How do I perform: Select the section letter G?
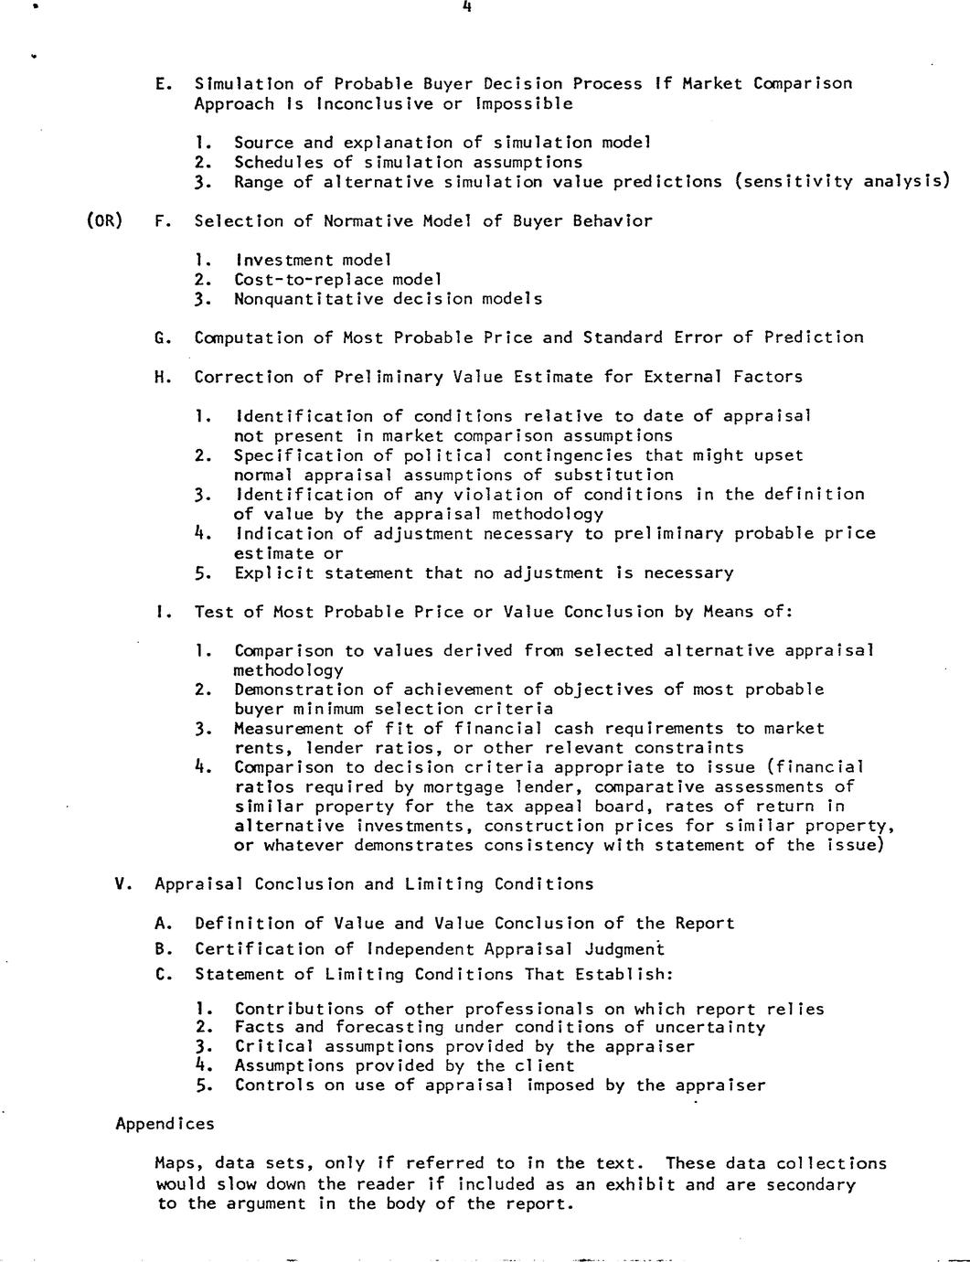pyautogui.click(x=162, y=337)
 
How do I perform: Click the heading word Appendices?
pyautogui.click(x=165, y=1124)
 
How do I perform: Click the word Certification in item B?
pyautogui.click(x=249, y=949)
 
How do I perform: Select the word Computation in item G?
pyautogui.click(x=249, y=337)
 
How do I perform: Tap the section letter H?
pyautogui.click(x=162, y=377)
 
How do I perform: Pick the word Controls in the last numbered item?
pyautogui.click(x=273, y=1086)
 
